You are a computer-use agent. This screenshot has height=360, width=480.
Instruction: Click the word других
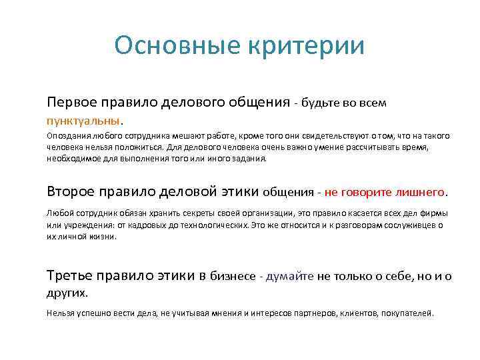(x=67, y=293)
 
